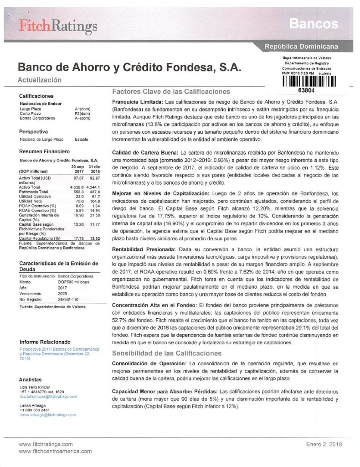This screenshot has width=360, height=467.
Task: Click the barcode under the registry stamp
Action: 309,82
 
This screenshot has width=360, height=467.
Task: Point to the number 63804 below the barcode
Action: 309,90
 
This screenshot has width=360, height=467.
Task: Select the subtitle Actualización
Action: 39,80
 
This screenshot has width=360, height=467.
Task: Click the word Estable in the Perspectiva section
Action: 81,140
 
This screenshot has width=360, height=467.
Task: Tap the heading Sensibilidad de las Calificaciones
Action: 167,353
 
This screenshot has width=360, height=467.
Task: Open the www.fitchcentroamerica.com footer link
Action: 49,451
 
